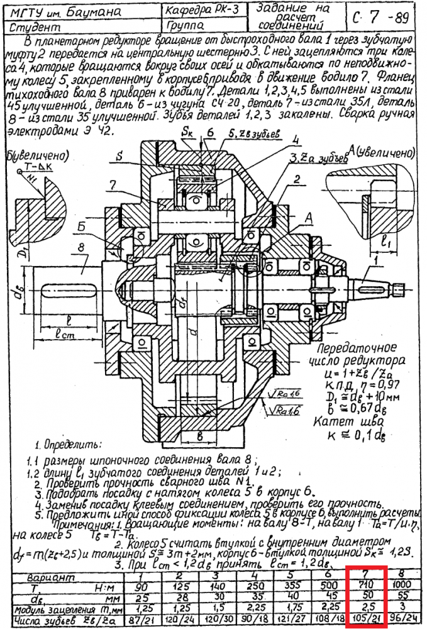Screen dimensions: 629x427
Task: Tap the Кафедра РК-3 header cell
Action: coord(201,11)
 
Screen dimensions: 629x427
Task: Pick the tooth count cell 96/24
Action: coord(399,619)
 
